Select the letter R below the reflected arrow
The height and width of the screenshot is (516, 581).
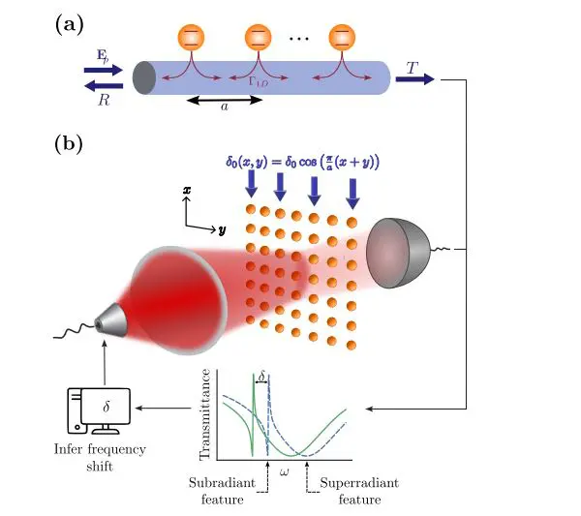103,99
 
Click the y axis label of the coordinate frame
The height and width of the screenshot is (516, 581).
222,231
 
